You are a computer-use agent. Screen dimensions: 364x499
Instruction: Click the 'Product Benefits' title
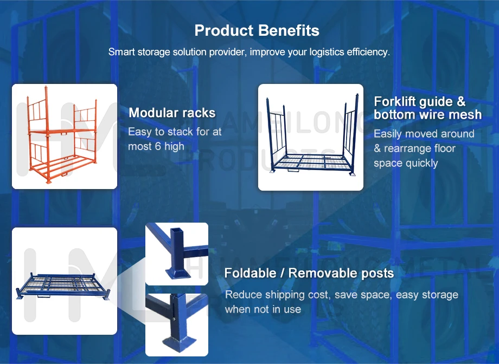tap(257, 30)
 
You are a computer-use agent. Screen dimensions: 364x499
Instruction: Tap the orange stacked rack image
tap(64, 136)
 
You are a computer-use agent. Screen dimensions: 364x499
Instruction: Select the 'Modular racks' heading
tap(172, 113)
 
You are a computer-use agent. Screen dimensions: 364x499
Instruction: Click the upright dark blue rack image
tap(310, 137)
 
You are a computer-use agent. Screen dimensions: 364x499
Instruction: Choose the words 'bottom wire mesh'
tap(427, 115)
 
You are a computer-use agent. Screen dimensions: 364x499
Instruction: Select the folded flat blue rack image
tap(64, 281)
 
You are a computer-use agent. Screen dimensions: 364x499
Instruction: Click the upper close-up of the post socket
tap(176, 253)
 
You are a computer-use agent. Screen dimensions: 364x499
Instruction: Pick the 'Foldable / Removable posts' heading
tap(309, 273)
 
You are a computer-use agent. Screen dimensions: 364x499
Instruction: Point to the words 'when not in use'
tap(263, 309)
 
